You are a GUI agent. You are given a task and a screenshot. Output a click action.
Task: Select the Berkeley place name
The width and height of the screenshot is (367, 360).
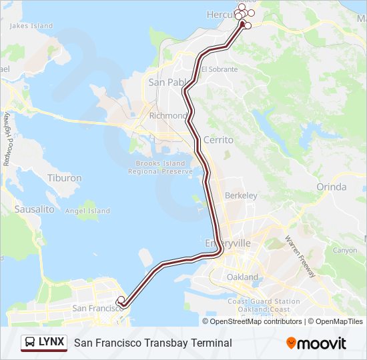pyautogui.click(x=241, y=195)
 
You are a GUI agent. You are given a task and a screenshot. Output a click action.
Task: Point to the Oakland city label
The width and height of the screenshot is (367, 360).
pyautogui.click(x=242, y=277)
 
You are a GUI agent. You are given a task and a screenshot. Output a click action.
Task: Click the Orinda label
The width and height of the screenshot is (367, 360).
pyautogui.click(x=332, y=187)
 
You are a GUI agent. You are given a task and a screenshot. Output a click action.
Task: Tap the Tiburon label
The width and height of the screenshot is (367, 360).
pyautogui.click(x=65, y=178)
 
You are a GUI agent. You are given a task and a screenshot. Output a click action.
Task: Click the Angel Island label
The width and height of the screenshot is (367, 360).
pyautogui.click(x=87, y=211)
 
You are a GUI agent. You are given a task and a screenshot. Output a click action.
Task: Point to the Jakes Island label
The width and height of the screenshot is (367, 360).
pyautogui.click(x=31, y=26)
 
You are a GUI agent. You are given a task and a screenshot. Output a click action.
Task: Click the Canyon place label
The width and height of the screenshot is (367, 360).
pyautogui.click(x=345, y=251)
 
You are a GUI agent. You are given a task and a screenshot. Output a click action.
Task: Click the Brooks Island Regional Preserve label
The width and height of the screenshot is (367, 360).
pyautogui.click(x=163, y=167)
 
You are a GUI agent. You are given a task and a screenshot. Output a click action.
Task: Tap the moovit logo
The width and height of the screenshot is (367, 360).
pyautogui.click(x=316, y=343)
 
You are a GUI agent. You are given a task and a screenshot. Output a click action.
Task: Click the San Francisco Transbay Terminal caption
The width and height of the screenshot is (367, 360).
pyautogui.click(x=153, y=343)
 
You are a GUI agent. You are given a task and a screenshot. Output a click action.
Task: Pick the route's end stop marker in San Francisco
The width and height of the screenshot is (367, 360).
pyautogui.click(x=120, y=299)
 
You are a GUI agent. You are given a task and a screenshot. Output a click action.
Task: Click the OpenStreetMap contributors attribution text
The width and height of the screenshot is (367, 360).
pyautogui.click(x=256, y=321)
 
